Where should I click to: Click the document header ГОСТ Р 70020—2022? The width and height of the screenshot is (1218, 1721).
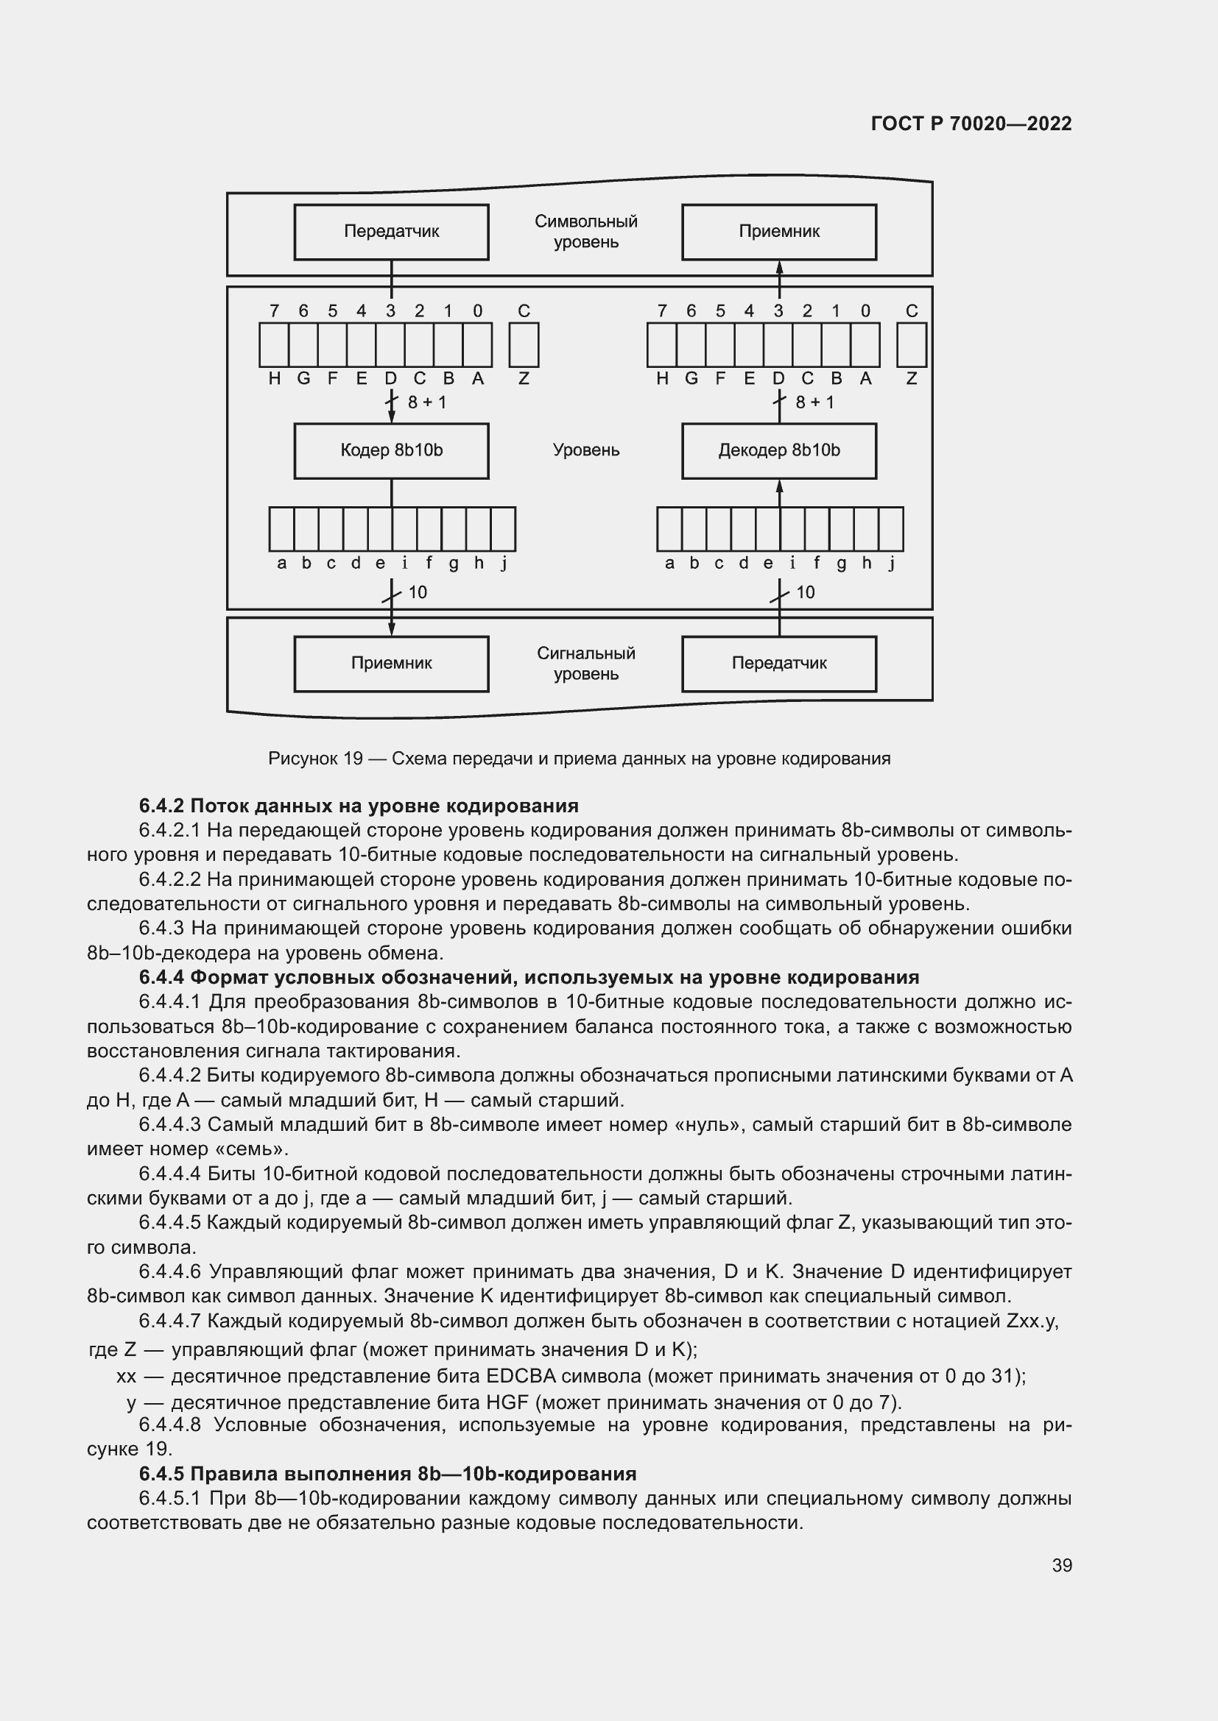point(971,124)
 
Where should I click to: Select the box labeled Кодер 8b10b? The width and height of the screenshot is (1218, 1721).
point(391,450)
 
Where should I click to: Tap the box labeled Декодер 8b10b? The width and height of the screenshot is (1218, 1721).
point(778,450)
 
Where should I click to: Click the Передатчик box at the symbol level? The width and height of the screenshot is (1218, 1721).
point(391,232)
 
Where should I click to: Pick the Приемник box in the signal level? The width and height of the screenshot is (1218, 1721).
point(391,664)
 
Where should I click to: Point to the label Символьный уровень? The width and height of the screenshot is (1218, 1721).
point(585,232)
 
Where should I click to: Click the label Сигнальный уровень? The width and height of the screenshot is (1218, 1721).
point(585,664)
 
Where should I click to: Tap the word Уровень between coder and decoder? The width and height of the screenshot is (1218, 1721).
point(585,450)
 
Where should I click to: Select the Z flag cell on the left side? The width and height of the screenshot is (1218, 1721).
point(524,345)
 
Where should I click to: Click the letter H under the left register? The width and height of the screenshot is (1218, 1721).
point(275,379)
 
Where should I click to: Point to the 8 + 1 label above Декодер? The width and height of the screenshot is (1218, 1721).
point(814,402)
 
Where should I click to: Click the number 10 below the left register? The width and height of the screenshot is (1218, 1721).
point(417,593)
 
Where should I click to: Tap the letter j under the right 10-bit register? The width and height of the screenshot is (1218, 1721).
point(892,564)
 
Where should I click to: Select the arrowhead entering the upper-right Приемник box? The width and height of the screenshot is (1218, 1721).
point(779,267)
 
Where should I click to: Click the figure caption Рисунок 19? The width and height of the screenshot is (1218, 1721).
point(579,759)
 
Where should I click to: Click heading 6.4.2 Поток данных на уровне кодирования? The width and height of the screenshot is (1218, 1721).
point(359,806)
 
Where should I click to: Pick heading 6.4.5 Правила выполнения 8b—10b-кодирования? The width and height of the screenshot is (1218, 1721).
point(387,1474)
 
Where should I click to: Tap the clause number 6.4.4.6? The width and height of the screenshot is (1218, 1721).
point(170,1272)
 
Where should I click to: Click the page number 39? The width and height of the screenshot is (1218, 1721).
point(1061,1565)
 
